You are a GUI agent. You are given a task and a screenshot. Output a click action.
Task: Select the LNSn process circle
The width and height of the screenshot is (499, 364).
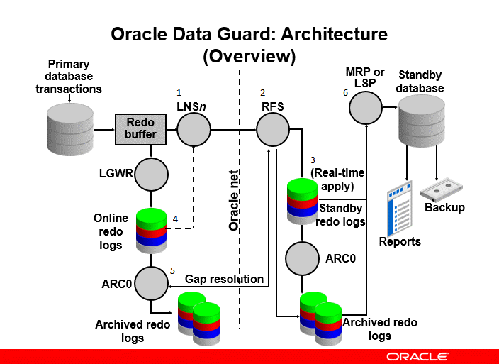tap(194, 130)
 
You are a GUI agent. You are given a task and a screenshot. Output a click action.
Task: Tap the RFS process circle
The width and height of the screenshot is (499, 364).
tap(273, 130)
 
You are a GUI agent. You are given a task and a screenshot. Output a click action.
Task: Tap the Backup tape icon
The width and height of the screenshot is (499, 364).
tap(443, 191)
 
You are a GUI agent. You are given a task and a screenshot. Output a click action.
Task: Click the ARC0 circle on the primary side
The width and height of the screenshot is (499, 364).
tap(151, 282)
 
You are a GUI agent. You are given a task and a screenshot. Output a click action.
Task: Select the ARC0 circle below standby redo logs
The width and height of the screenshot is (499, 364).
tap(303, 258)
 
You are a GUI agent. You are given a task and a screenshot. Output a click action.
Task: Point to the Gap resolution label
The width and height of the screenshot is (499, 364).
tap(224, 280)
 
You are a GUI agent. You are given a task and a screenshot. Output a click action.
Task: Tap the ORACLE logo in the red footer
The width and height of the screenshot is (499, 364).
tap(417, 355)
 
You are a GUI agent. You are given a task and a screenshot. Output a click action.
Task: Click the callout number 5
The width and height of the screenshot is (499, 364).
tap(173, 270)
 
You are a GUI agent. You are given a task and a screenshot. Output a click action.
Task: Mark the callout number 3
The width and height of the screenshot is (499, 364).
tap(313, 160)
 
